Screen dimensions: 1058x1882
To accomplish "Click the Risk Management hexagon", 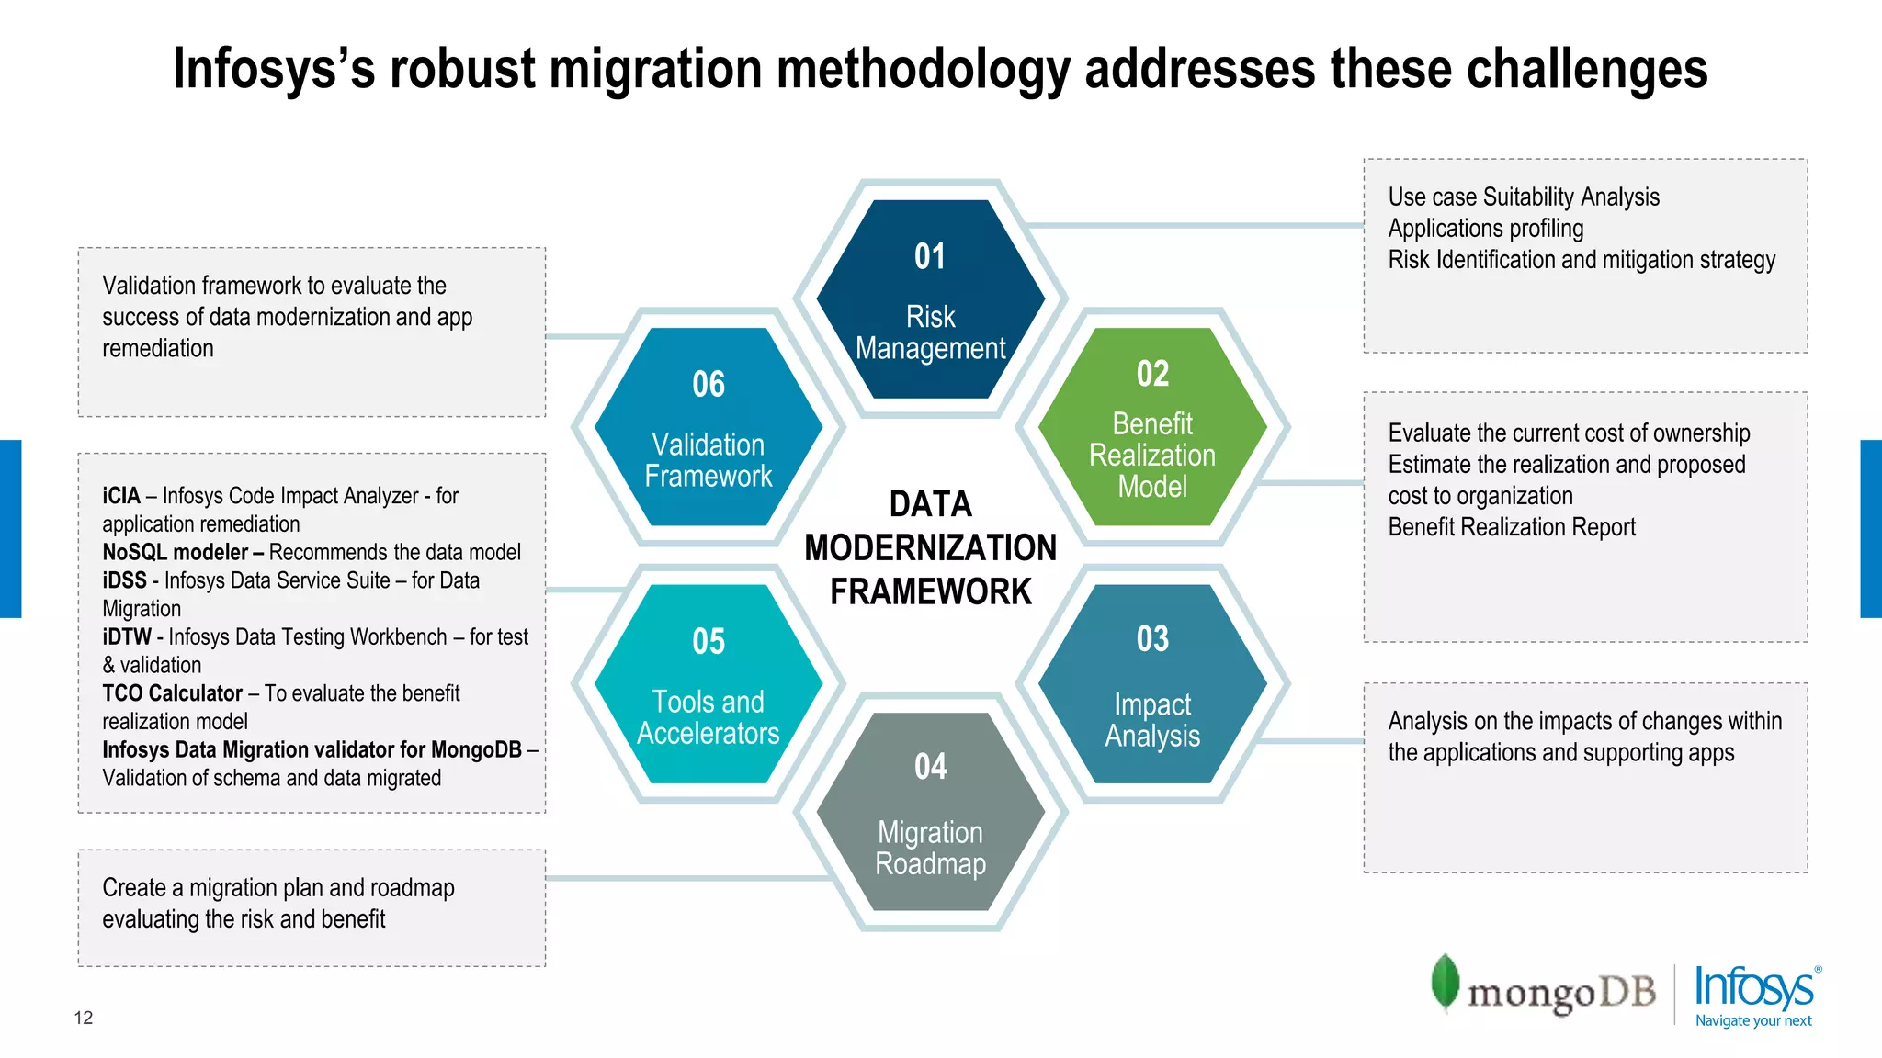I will [930, 299].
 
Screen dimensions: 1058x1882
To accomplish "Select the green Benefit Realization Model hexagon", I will [1152, 427].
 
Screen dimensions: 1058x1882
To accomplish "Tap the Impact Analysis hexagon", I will [1152, 684].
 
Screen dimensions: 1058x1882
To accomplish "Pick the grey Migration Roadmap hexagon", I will [930, 812].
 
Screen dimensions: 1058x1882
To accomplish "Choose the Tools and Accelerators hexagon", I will [708, 684].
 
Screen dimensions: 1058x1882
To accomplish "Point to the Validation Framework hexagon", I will [708, 427].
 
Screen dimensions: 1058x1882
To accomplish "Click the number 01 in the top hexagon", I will [930, 256].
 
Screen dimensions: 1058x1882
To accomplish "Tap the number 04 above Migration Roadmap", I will [930, 767].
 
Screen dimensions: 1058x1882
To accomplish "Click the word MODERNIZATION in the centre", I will [930, 548].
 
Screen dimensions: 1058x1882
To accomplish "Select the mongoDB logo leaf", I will [1445, 982].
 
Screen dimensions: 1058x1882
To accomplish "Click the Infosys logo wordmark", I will [1754, 987].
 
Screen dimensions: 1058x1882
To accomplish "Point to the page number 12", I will [84, 1018].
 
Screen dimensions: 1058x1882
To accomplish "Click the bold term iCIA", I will [121, 496].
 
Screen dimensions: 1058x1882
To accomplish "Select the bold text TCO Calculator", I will [172, 693].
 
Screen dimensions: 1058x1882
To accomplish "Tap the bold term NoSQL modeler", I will [175, 552].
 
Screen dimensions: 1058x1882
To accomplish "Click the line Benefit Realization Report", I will [1512, 527].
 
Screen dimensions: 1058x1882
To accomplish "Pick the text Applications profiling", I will [1486, 229].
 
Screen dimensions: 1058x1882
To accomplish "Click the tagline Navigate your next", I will [1753, 1020].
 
